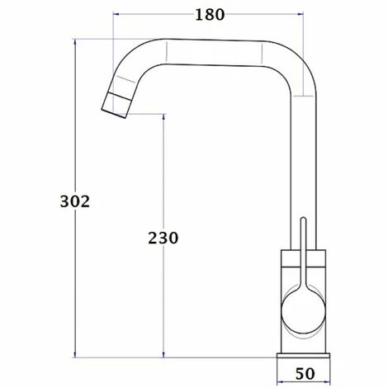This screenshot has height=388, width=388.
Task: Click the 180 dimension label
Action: [210, 15]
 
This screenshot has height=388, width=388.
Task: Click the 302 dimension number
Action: [75, 201]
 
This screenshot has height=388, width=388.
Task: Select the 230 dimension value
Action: [163, 238]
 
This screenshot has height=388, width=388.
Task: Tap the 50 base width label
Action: [305, 374]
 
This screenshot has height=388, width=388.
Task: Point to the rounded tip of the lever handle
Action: [303, 220]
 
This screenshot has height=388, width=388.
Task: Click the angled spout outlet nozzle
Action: [117, 105]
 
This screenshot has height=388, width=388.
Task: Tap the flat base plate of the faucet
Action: [303, 356]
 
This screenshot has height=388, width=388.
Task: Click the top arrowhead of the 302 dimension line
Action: [75, 41]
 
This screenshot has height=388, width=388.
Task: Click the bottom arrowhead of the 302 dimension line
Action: [75, 355]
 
